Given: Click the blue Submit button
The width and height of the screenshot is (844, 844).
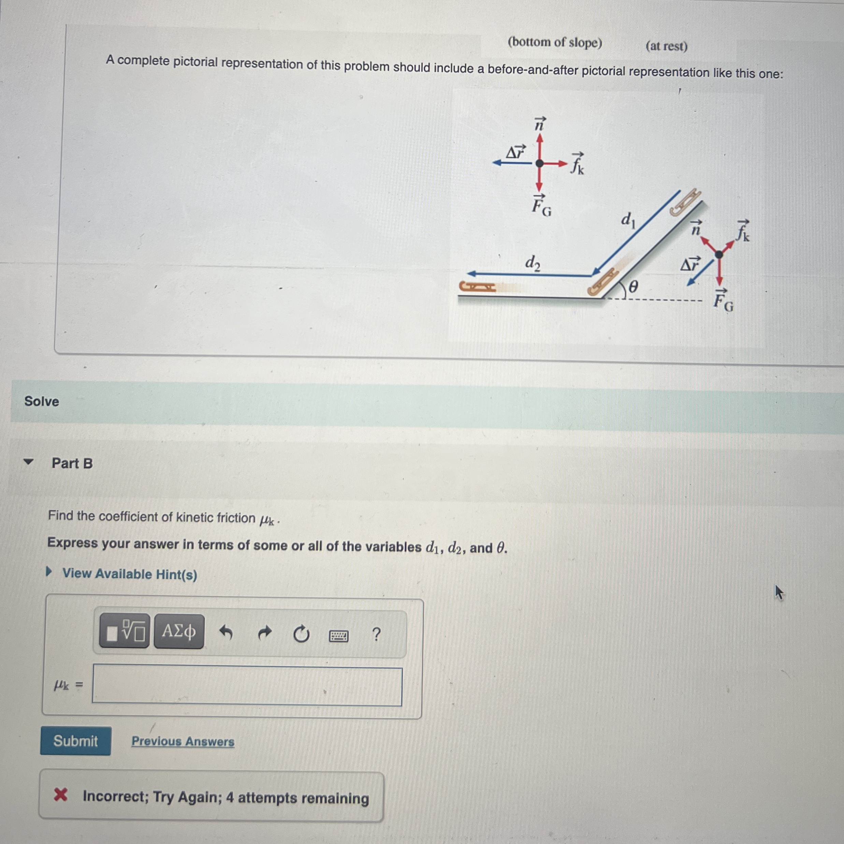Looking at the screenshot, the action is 76,741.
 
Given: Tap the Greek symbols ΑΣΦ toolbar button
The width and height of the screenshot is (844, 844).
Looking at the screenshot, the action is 179,631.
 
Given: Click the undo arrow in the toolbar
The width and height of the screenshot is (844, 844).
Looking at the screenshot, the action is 225,632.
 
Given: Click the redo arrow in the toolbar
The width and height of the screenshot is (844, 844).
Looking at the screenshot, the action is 265,632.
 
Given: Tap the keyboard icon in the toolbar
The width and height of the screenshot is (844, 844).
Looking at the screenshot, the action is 338,636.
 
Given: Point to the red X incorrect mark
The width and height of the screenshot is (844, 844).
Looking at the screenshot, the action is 61,795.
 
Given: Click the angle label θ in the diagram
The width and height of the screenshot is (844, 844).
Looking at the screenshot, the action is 633,287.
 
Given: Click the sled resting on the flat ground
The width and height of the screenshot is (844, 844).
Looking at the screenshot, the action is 478,287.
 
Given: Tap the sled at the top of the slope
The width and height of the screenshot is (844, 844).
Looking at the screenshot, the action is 685,202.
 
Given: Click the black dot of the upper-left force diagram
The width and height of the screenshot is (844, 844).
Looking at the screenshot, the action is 539,163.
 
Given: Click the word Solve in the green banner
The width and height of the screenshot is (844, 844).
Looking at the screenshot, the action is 42,401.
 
